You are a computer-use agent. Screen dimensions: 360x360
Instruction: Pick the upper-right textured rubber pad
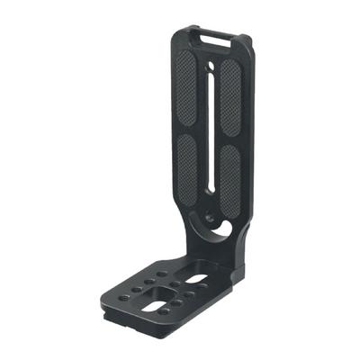pos(229,96)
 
